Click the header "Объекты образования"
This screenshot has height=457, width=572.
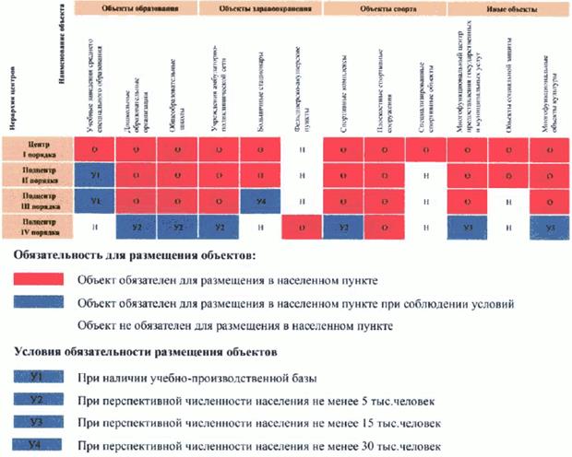138,6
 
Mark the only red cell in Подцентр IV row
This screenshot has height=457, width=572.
303,226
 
